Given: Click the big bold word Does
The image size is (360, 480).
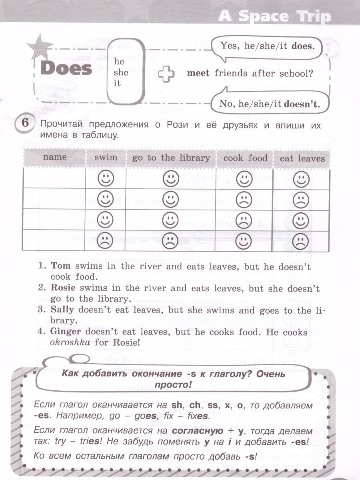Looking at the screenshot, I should pyautogui.click(x=66, y=69).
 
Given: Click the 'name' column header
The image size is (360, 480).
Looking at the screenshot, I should pyautogui.click(x=54, y=157).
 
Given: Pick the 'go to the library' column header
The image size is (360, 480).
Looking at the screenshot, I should pyautogui.click(x=171, y=158).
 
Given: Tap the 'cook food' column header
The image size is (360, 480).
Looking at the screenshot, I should pyautogui.click(x=245, y=158).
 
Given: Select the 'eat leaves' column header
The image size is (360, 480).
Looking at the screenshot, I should pyautogui.click(x=302, y=158).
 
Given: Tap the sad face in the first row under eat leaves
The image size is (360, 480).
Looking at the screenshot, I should pyautogui.click(x=299, y=178).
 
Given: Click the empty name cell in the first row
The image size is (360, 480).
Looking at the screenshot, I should pyautogui.click(x=54, y=178).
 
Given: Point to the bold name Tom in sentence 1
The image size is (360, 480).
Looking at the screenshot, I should pyautogui.click(x=59, y=266).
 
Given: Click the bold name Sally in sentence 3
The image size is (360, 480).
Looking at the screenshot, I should pyautogui.click(x=61, y=310).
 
